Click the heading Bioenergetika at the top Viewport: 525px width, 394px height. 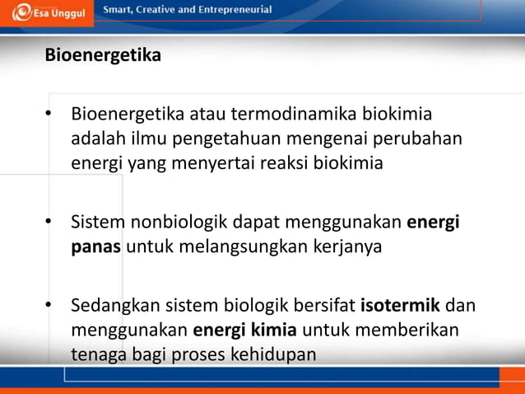coord(103,56)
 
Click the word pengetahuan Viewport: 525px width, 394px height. coord(268,138)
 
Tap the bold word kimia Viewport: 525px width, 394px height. coord(276,331)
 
